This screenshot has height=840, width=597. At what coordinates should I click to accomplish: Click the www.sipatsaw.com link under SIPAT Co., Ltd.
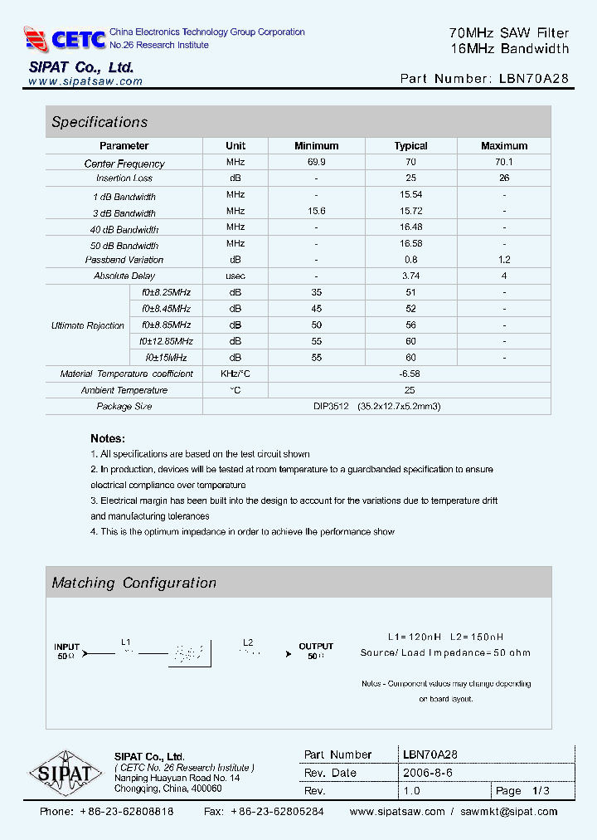click(85, 81)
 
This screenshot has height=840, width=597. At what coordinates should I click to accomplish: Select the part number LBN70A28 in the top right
click(534, 79)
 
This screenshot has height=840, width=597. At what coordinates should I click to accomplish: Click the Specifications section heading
click(99, 122)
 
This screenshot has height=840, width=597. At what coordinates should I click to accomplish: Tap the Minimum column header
click(316, 146)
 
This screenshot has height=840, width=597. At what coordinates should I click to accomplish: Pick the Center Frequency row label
click(124, 164)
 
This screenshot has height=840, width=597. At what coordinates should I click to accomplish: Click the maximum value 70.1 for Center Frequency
click(504, 163)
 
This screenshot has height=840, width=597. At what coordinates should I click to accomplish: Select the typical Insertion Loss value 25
click(410, 178)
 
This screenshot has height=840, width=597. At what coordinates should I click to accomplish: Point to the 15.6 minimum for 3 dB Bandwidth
click(316, 212)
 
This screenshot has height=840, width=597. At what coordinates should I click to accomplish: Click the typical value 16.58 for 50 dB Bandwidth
click(410, 245)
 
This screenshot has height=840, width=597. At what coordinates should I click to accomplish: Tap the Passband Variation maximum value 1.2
click(504, 260)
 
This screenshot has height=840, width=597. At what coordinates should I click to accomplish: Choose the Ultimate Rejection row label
click(88, 325)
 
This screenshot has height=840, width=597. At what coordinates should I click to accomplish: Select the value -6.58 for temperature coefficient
click(410, 374)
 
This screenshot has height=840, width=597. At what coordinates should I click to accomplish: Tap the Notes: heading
click(108, 438)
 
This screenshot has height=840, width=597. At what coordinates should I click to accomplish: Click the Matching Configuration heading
click(134, 583)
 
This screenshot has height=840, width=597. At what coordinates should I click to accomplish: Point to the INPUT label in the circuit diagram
click(67, 647)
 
